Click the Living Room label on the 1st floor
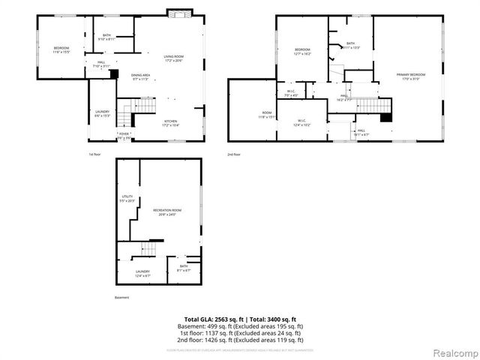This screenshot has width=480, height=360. tap(174, 58)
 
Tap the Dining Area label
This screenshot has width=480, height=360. tap(140, 76)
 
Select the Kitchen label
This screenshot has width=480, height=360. tap(171, 121)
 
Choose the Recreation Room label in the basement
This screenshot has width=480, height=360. tap(168, 212)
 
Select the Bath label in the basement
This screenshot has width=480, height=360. tap(183, 268)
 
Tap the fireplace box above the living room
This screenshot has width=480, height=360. tap(179, 14)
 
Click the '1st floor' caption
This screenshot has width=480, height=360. tap(96, 154)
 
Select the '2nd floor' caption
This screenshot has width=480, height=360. tap(235, 154)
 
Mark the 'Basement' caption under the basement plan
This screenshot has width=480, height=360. tap(122, 298)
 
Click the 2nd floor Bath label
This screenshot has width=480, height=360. tap(350, 45)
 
